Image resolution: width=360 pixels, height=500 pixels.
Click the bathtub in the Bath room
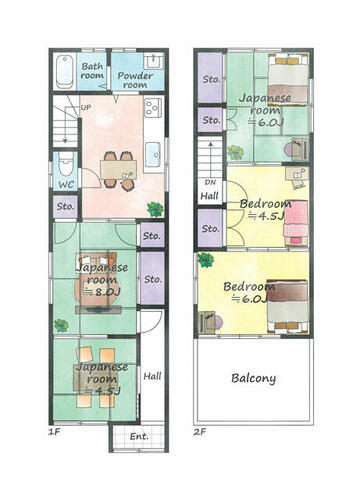click(x=65, y=71)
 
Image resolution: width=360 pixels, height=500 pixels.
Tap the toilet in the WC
click(x=65, y=165)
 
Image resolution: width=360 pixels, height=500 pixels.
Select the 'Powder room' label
click(x=135, y=80)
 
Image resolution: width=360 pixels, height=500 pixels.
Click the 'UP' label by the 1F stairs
click(x=86, y=108)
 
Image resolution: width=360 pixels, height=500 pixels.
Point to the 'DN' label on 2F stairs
click(x=210, y=182)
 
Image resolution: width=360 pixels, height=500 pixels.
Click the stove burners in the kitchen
click(x=153, y=107)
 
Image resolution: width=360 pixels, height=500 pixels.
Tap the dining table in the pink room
click(x=119, y=170)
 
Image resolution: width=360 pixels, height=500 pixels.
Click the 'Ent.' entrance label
click(x=139, y=436)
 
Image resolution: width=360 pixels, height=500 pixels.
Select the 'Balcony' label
click(x=254, y=378)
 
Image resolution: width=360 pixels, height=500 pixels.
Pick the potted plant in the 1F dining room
click(x=155, y=209)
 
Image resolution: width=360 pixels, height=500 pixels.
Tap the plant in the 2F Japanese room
click(x=236, y=152)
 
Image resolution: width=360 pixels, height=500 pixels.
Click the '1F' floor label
click(x=54, y=432)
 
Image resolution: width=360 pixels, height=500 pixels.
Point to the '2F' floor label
click(x=200, y=432)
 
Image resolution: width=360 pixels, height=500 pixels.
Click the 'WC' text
click(x=66, y=184)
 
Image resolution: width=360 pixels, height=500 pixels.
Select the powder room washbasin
click(x=153, y=62)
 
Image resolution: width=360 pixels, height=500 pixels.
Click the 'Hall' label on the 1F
click(x=152, y=376)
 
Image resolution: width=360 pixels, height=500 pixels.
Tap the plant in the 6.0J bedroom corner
click(x=205, y=260)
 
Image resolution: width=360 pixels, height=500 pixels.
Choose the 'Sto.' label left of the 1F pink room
click(x=65, y=207)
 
